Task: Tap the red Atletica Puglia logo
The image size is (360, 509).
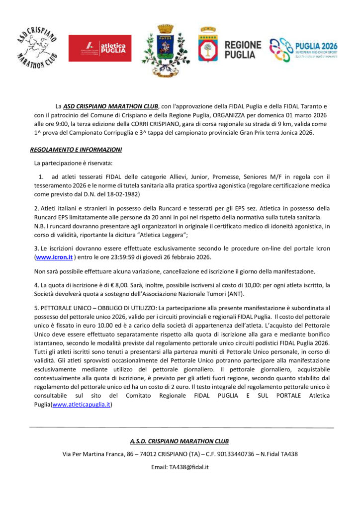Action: click(x=100, y=48)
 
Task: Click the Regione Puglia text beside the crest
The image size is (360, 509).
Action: click(x=243, y=50)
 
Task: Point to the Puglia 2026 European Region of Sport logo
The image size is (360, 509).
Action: click(x=303, y=50)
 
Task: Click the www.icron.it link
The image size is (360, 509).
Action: click(x=54, y=257)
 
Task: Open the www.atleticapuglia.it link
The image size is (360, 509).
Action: click(x=81, y=405)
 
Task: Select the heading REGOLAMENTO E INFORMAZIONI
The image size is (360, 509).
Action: click(x=76, y=149)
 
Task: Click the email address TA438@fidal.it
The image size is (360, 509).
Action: click(x=180, y=467)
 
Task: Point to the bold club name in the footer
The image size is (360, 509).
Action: click(x=180, y=441)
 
